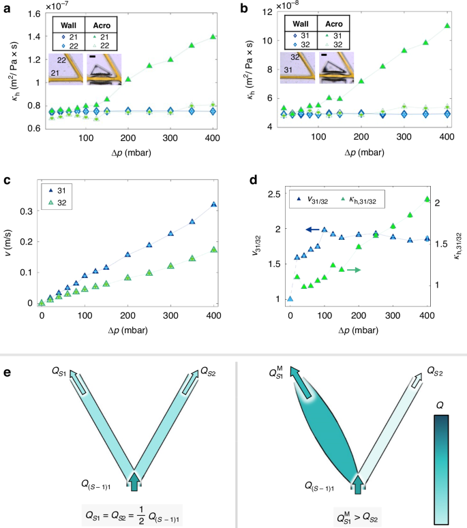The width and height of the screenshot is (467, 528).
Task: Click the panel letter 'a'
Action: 5,9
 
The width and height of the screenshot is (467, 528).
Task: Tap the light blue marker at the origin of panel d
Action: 290,298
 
